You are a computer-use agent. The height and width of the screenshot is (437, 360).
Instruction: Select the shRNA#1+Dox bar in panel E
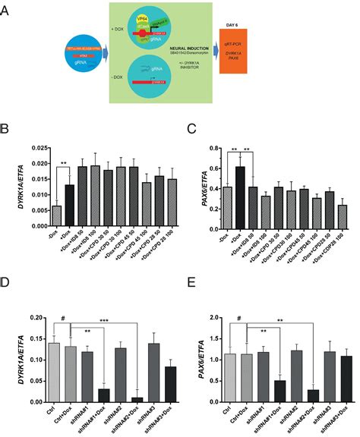[x=259, y=382]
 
